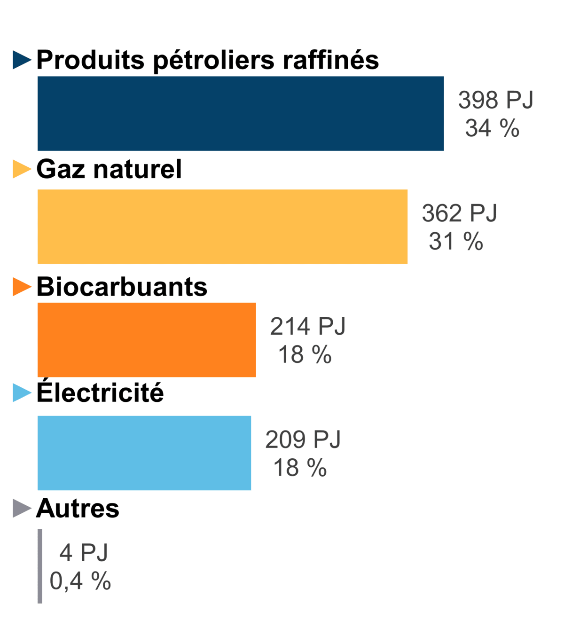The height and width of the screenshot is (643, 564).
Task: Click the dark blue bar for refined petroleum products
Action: [x=241, y=113]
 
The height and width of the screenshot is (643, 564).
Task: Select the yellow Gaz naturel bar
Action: [x=222, y=227]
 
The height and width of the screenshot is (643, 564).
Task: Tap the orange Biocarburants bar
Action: [x=147, y=340]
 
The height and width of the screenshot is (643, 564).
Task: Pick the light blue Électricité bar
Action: [x=144, y=453]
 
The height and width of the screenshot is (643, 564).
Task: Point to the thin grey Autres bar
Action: [x=39, y=566]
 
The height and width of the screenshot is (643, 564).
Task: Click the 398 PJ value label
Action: [x=496, y=100]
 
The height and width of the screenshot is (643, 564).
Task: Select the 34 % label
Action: [x=492, y=128]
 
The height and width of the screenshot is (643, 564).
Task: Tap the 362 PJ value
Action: [x=459, y=213]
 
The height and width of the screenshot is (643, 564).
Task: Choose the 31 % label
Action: [x=456, y=241]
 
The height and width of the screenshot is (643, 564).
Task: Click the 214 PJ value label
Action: [x=307, y=326]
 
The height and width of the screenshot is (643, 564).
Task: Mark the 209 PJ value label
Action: [x=303, y=439]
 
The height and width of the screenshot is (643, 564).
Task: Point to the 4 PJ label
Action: [x=84, y=553]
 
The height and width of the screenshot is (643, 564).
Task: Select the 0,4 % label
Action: [x=80, y=581]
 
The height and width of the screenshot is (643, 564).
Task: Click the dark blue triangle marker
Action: [x=22, y=60]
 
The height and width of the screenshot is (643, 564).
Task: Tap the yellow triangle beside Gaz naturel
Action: [x=22, y=169]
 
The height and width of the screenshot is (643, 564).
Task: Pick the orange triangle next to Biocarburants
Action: [x=22, y=287]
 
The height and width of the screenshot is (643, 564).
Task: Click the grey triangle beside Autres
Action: [x=22, y=508]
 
